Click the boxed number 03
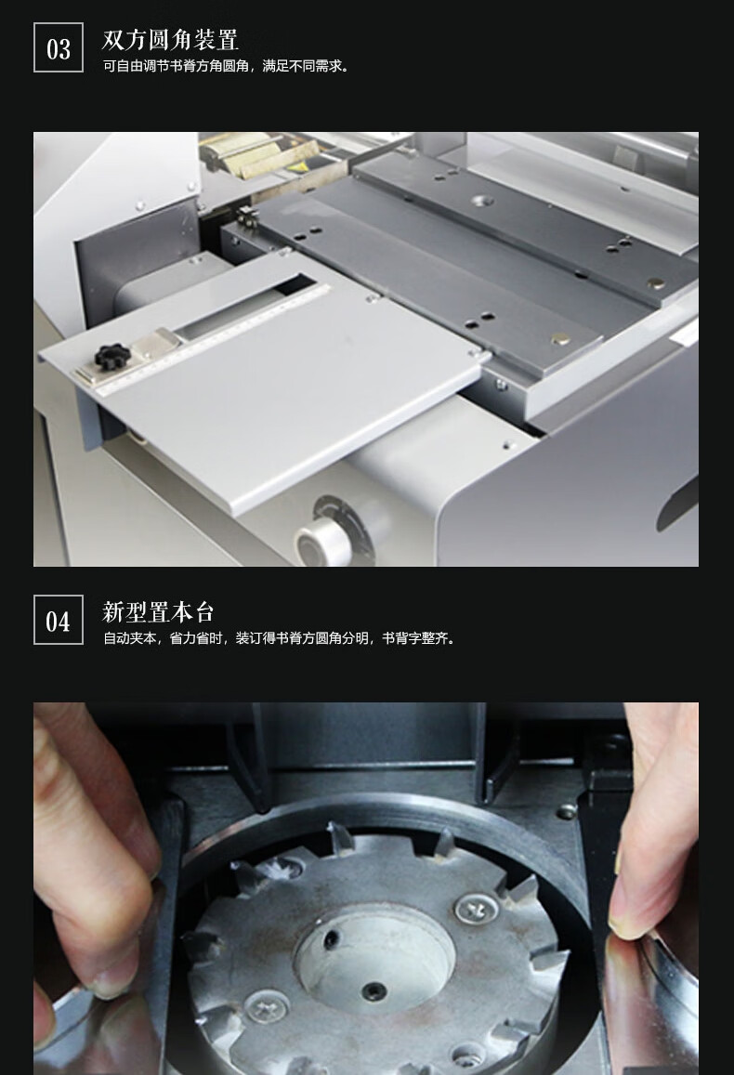59,48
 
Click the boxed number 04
59,621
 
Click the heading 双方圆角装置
171,39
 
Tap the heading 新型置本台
158,611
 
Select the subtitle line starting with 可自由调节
226,67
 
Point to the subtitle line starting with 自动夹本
279,638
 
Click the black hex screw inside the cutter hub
374,990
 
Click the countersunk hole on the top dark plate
485,200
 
